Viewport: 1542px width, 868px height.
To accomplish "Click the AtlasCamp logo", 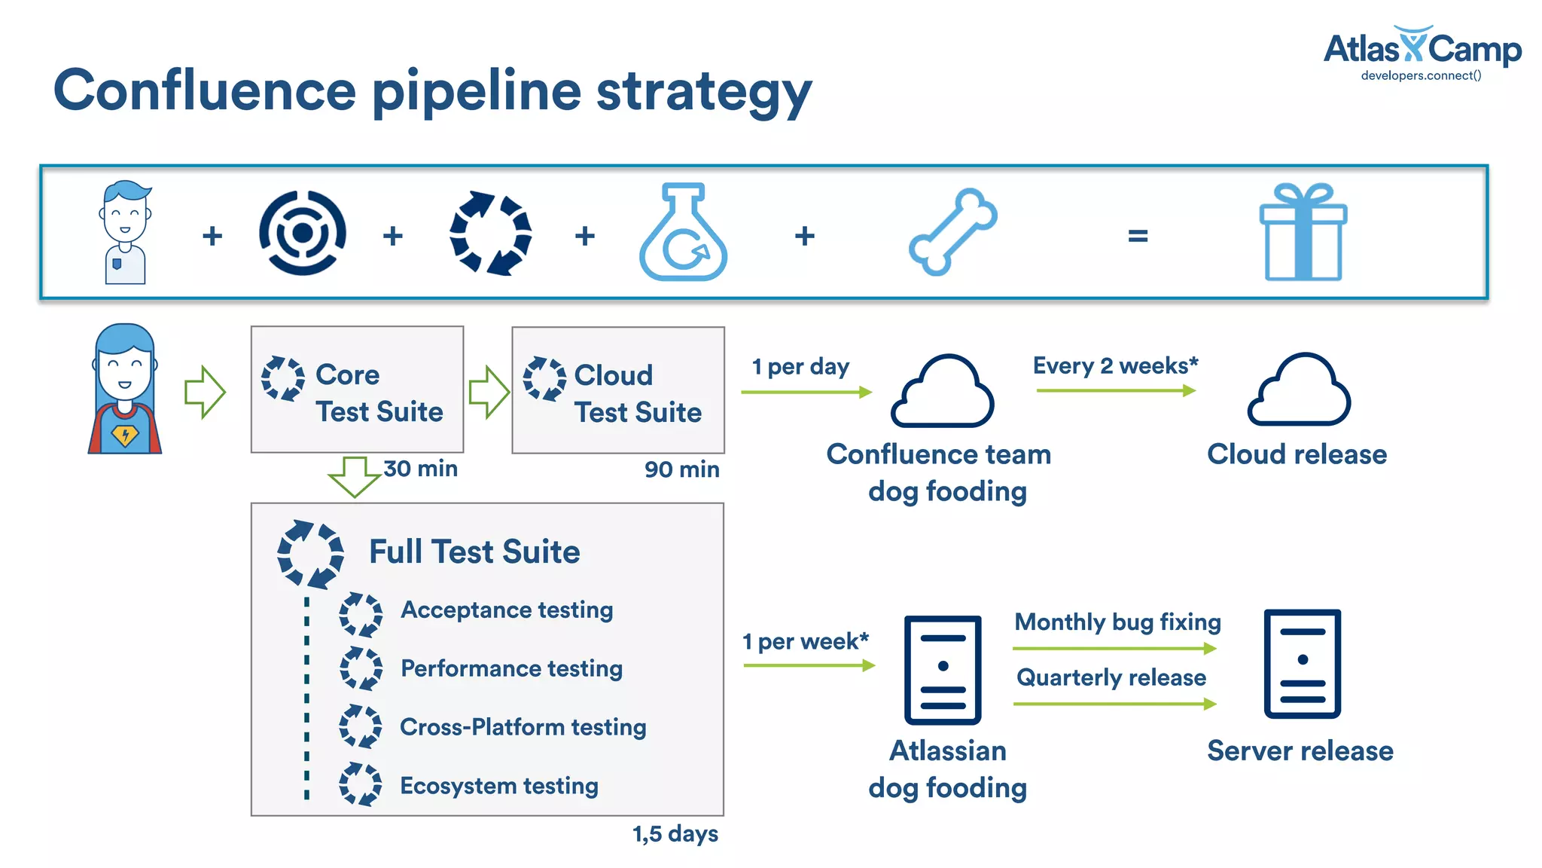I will click(x=1422, y=53).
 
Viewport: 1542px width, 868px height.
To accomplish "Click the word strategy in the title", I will click(x=703, y=92).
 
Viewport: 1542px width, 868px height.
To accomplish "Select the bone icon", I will click(x=952, y=231).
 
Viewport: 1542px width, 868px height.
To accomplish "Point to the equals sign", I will click(x=1138, y=237).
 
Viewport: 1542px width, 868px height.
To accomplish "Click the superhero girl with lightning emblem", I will click(x=125, y=390).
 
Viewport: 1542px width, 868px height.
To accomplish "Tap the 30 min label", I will click(x=420, y=469).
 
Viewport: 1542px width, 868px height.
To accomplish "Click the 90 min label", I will click(x=681, y=469).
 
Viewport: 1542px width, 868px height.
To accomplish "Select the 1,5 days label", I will click(x=675, y=833).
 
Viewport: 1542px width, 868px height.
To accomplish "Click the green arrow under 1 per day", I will click(x=806, y=392).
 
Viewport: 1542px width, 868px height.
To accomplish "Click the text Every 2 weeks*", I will click(x=1115, y=365).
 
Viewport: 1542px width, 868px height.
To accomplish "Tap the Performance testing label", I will click(x=511, y=668).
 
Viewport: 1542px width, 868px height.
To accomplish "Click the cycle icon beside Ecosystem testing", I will click(x=360, y=784).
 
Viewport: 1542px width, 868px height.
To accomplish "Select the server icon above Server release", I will click(x=1302, y=664).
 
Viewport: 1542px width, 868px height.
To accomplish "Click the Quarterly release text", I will click(x=1111, y=677).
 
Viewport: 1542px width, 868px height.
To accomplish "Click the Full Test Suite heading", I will click(x=474, y=552).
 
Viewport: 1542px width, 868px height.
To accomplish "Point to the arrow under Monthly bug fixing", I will click(x=1114, y=648).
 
